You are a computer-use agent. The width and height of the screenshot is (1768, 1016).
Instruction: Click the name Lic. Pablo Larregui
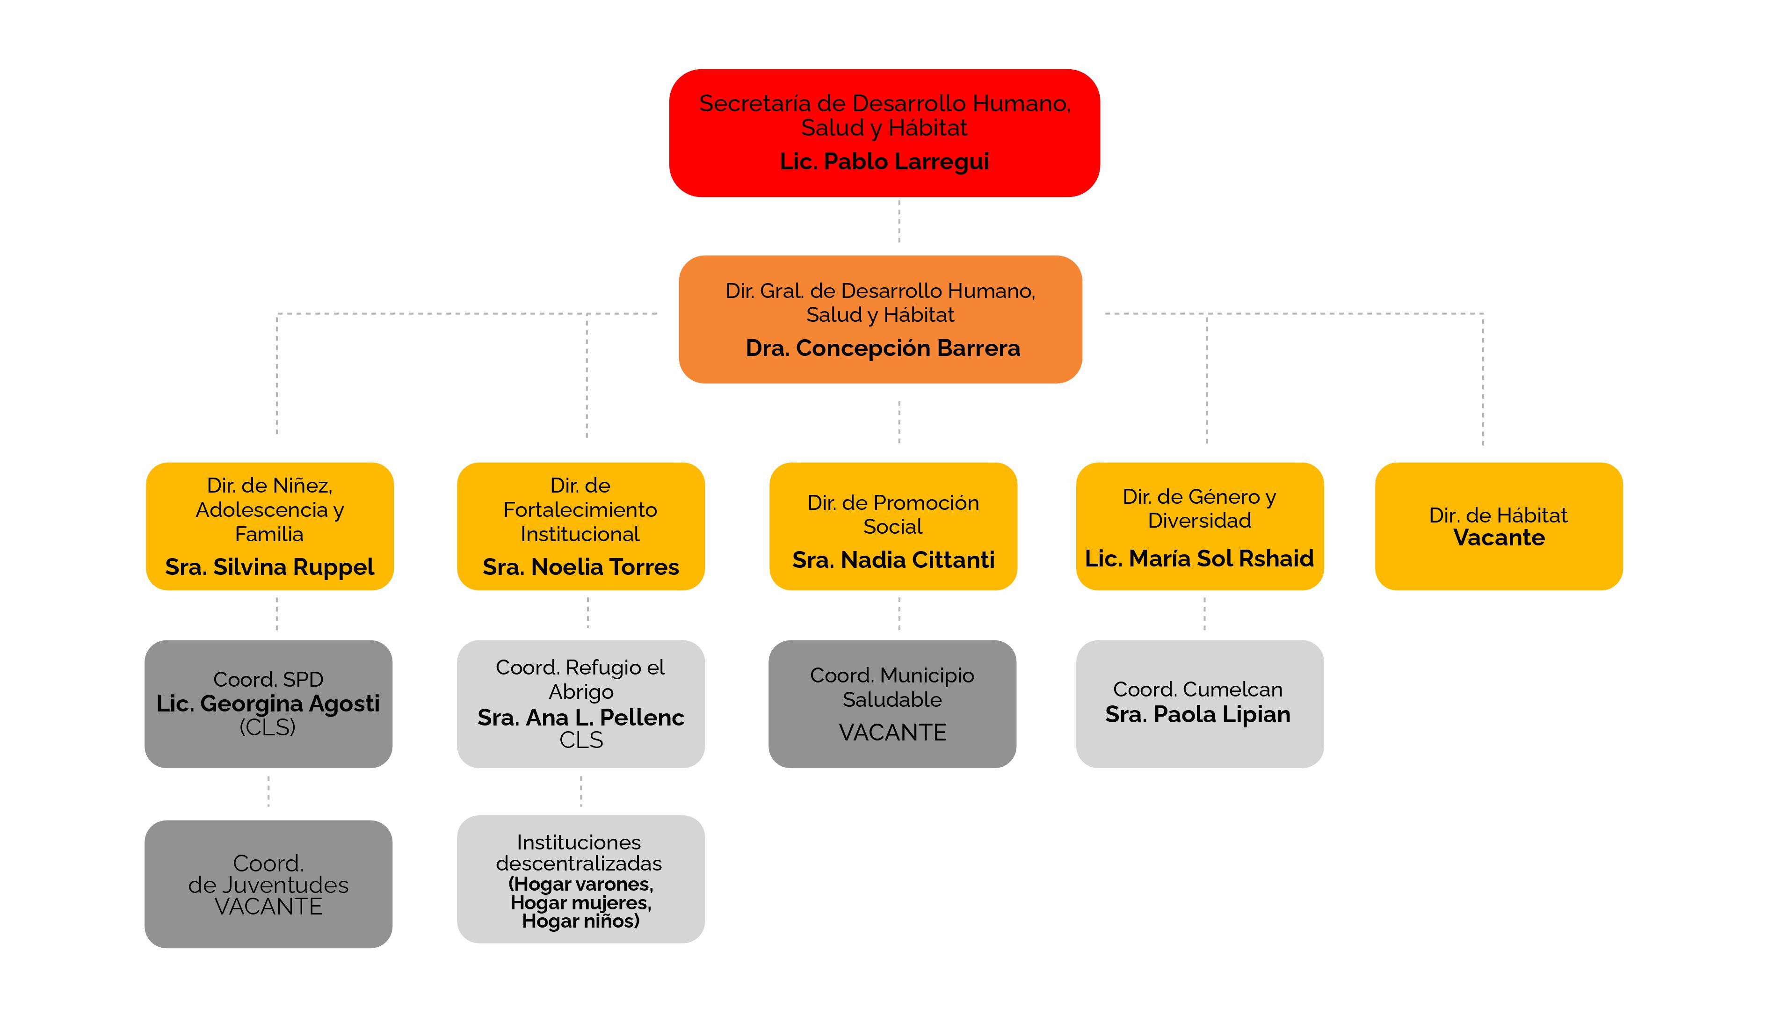click(x=884, y=162)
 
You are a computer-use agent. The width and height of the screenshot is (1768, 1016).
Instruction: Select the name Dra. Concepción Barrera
click(x=883, y=348)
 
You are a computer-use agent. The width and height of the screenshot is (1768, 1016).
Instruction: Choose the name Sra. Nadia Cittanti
click(x=893, y=559)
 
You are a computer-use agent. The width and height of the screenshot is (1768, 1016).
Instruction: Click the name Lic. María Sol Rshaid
click(x=1199, y=558)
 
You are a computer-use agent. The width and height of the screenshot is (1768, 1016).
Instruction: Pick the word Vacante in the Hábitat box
click(x=1499, y=538)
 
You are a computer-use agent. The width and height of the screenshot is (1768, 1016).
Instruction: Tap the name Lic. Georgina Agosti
click(x=268, y=704)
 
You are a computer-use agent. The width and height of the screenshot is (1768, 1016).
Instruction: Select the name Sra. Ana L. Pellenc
click(x=580, y=718)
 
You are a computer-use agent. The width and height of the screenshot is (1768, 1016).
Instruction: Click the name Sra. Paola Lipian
click(x=1198, y=715)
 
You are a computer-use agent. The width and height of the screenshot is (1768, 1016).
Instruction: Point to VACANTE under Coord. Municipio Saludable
click(x=892, y=733)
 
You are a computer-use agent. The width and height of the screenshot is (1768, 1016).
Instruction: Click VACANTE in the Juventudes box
click(x=268, y=907)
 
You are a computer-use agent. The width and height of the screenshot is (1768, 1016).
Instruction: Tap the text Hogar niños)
click(x=580, y=922)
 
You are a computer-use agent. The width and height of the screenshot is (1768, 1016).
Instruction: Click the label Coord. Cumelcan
click(x=1198, y=689)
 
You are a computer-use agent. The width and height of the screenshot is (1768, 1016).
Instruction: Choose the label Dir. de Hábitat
click(x=1498, y=515)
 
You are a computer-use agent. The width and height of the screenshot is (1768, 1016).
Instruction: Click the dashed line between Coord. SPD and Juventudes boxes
click(x=268, y=792)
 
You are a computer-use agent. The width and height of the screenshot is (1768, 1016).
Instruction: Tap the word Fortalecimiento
click(x=580, y=510)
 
